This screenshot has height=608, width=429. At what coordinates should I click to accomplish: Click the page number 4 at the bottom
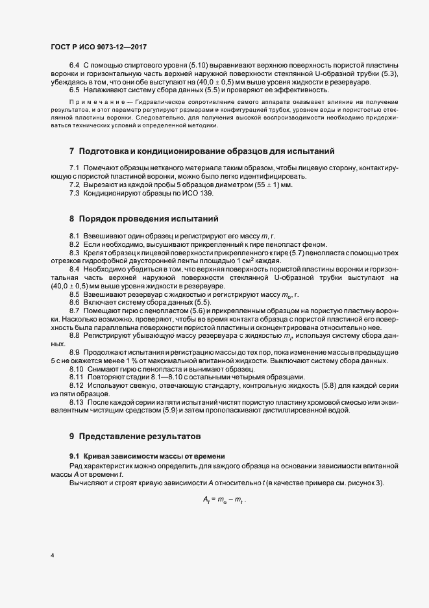click(x=51, y=555)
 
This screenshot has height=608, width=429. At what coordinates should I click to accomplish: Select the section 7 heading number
click(x=72, y=151)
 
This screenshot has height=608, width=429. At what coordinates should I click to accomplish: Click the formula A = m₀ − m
click(x=225, y=499)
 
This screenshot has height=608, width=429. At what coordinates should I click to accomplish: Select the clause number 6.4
click(x=74, y=66)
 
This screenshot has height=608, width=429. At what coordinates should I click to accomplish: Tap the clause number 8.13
click(x=77, y=403)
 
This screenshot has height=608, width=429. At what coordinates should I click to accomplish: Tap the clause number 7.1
click(x=74, y=168)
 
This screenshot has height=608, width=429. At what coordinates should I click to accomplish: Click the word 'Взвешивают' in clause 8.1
click(x=103, y=235)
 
